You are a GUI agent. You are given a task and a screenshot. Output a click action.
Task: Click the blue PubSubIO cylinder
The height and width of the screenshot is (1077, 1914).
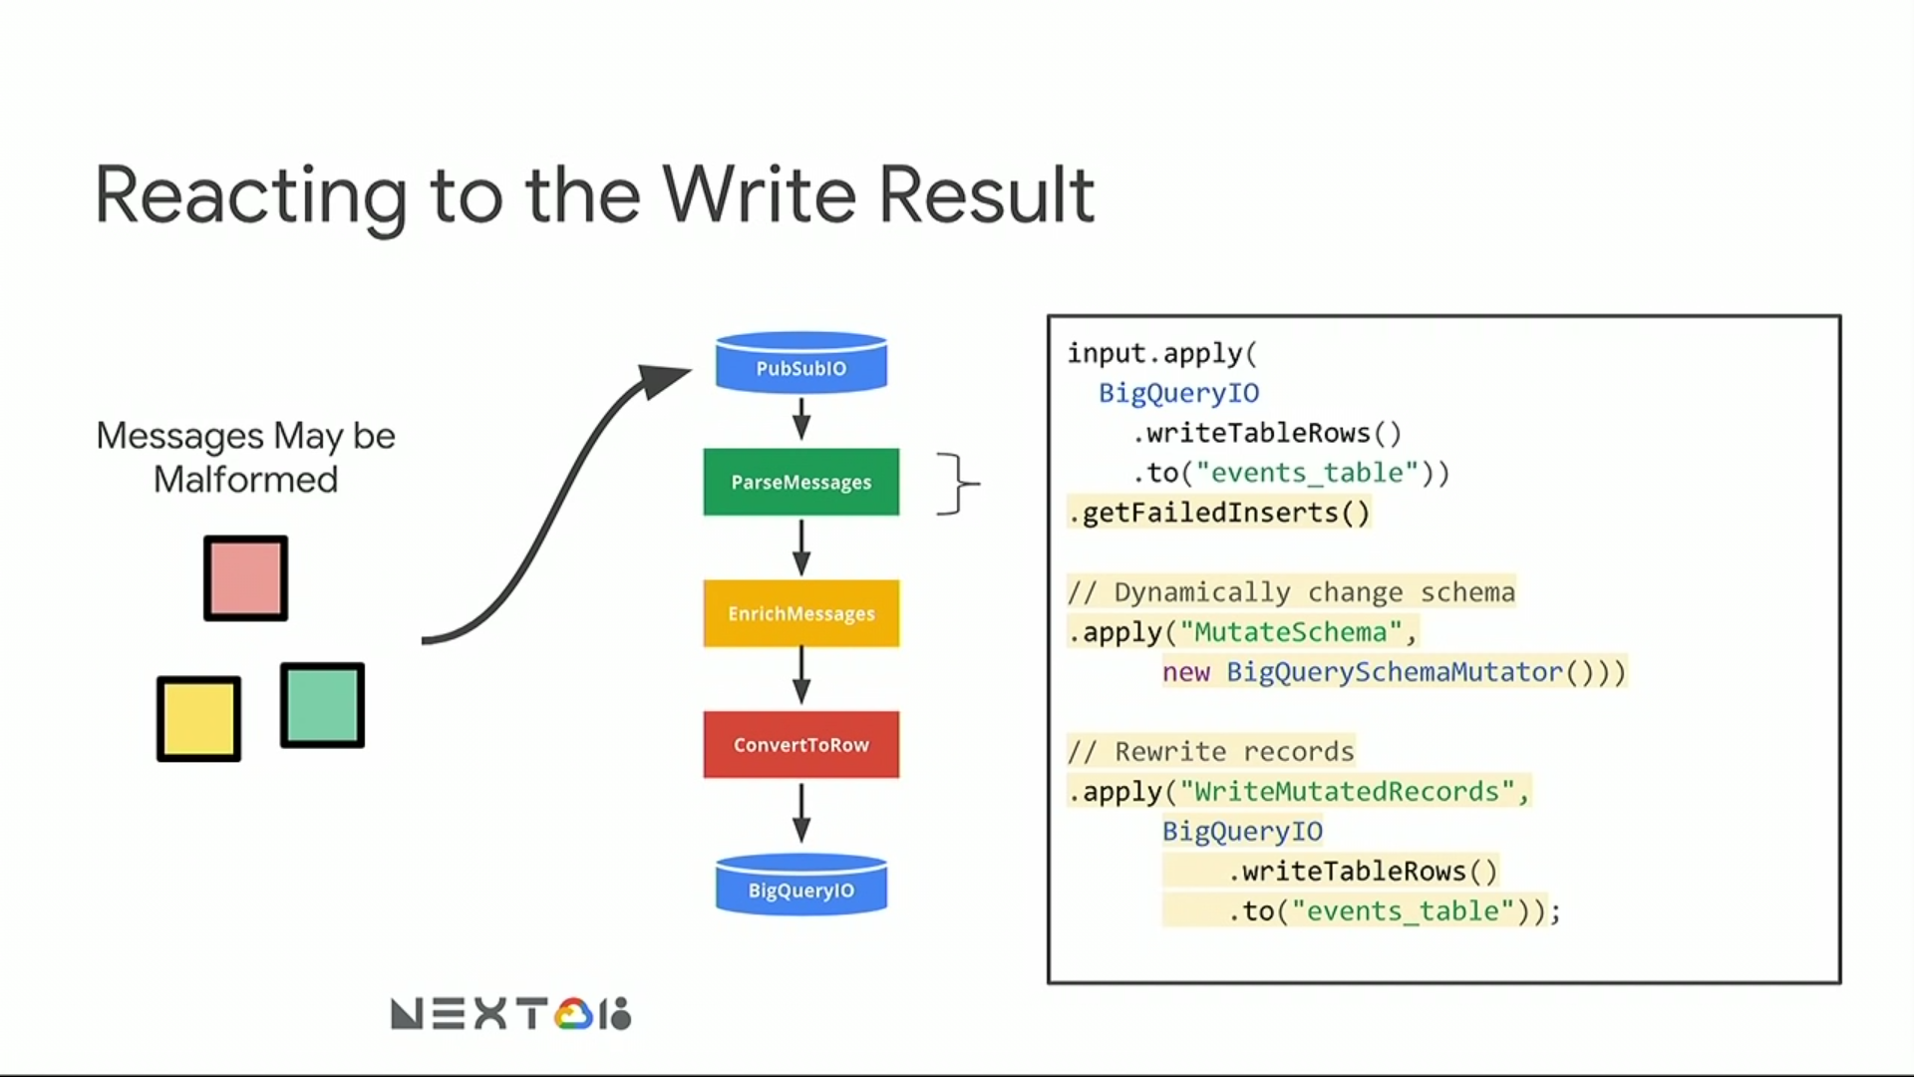(800, 364)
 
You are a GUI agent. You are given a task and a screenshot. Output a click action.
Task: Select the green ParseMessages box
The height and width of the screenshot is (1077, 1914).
(800, 483)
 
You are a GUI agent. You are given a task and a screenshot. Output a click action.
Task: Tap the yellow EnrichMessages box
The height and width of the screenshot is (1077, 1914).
(800, 613)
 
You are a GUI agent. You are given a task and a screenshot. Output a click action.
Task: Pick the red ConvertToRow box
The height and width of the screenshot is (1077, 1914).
(800, 745)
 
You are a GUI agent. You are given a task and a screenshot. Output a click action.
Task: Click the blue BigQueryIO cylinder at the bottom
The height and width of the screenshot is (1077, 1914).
(800, 887)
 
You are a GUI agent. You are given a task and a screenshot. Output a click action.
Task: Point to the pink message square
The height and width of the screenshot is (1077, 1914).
(246, 578)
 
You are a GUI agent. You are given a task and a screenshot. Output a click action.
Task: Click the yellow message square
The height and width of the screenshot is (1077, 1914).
(198, 719)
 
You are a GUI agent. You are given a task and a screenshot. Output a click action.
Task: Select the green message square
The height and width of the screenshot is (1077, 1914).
(322, 705)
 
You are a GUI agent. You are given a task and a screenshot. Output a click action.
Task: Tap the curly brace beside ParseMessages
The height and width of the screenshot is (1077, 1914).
(957, 484)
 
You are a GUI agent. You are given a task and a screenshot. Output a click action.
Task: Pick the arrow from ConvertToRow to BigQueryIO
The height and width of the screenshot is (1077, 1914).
(800, 813)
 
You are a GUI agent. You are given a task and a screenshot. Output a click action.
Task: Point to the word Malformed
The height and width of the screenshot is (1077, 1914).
(245, 480)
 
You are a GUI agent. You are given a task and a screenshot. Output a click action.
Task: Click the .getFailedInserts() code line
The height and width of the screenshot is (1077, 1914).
(1219, 513)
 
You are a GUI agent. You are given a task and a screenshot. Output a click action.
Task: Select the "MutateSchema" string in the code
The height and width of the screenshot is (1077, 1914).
(1291, 632)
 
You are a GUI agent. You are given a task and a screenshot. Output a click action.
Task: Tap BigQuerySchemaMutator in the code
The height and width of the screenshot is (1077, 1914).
(1394, 672)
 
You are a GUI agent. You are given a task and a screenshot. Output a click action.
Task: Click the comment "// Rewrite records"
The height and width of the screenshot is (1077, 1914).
(1210, 751)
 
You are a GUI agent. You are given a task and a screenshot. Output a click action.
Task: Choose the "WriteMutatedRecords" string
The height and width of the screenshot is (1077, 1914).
(1347, 792)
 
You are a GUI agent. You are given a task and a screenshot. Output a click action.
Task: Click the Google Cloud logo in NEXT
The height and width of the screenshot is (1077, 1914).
(574, 1014)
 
